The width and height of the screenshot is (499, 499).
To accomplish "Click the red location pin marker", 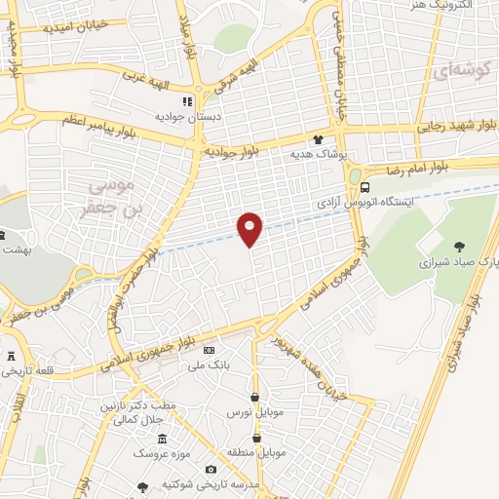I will tap(250, 229).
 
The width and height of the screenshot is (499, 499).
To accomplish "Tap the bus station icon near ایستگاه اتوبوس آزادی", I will tap(365, 188).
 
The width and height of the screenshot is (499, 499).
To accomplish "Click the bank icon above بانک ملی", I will tap(208, 349).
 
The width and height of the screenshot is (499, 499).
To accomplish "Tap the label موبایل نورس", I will tap(253, 412).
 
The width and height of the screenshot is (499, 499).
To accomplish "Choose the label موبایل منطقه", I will tap(256, 454).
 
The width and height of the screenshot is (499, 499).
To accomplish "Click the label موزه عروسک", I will tap(161, 454).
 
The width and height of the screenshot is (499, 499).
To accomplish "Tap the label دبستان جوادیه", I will tap(185, 116).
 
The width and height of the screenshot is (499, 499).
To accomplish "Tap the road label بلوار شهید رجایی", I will tap(457, 124).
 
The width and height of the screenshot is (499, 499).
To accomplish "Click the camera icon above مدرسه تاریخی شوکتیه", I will tap(211, 471).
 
